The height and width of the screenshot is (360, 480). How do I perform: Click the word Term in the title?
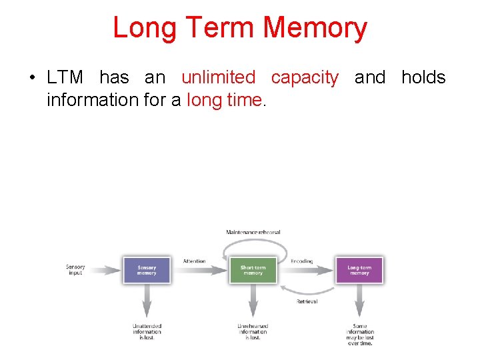[x=221, y=28]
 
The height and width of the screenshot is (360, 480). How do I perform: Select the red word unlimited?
[x=218, y=77]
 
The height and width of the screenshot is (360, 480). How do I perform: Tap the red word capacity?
[x=305, y=77]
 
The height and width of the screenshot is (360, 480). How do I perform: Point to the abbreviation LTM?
[x=65, y=77]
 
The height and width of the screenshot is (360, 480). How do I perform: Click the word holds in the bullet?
[x=423, y=77]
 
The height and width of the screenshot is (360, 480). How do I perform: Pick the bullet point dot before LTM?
[x=32, y=78]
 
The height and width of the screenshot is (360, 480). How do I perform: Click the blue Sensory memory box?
[x=147, y=270]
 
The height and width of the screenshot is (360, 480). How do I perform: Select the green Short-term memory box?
[x=253, y=270]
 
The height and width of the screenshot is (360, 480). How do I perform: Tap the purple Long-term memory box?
[x=359, y=270]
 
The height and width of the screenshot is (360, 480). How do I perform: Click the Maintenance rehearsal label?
[x=253, y=232]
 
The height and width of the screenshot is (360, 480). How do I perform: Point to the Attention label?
[x=194, y=261]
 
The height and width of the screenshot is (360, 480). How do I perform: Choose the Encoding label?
[x=301, y=261]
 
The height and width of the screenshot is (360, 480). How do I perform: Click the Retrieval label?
[x=307, y=301]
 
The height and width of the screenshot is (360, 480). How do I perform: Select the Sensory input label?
[x=75, y=270]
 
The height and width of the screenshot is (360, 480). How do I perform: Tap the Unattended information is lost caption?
[x=147, y=331]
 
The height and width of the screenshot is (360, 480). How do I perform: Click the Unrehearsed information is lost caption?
[x=253, y=331]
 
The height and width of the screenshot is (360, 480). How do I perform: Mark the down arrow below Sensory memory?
[x=147, y=303]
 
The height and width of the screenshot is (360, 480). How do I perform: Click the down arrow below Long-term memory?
[x=359, y=303]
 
